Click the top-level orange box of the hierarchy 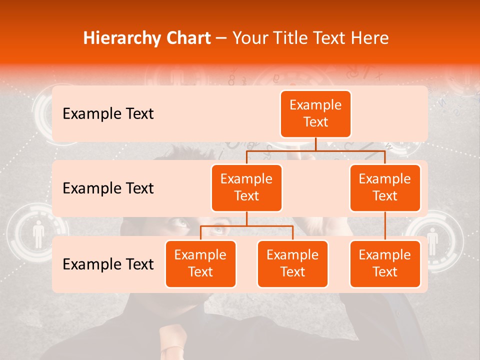pyautogui.click(x=315, y=113)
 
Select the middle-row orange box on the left pyautogui.click(x=246, y=187)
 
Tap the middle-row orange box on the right pyautogui.click(x=385, y=187)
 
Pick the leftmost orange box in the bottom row pyautogui.click(x=200, y=263)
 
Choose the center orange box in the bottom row pyautogui.click(x=292, y=263)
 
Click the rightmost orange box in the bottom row pyautogui.click(x=385, y=263)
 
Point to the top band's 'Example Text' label pyautogui.click(x=108, y=113)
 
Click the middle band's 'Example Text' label pyautogui.click(x=108, y=188)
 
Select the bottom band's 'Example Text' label pyautogui.click(x=108, y=264)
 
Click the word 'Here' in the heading pyautogui.click(x=370, y=38)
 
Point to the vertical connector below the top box pyautogui.click(x=315, y=144)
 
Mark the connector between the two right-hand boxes pyautogui.click(x=385, y=225)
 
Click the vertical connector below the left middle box pyautogui.click(x=246, y=218)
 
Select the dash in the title pyautogui.click(x=221, y=38)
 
